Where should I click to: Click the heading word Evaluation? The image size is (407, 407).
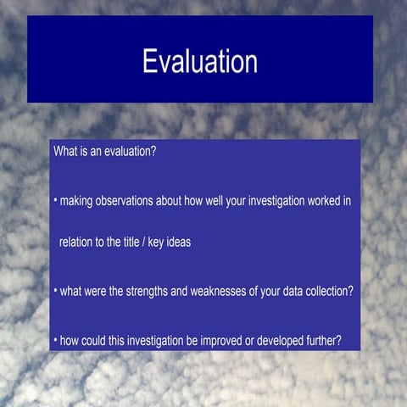coord(200,61)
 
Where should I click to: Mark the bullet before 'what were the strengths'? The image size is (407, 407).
coord(54,291)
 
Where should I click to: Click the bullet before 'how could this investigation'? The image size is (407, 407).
coord(54,340)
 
